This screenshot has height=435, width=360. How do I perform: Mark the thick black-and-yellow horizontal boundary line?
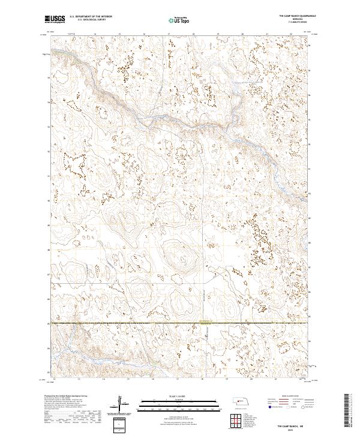180,323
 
